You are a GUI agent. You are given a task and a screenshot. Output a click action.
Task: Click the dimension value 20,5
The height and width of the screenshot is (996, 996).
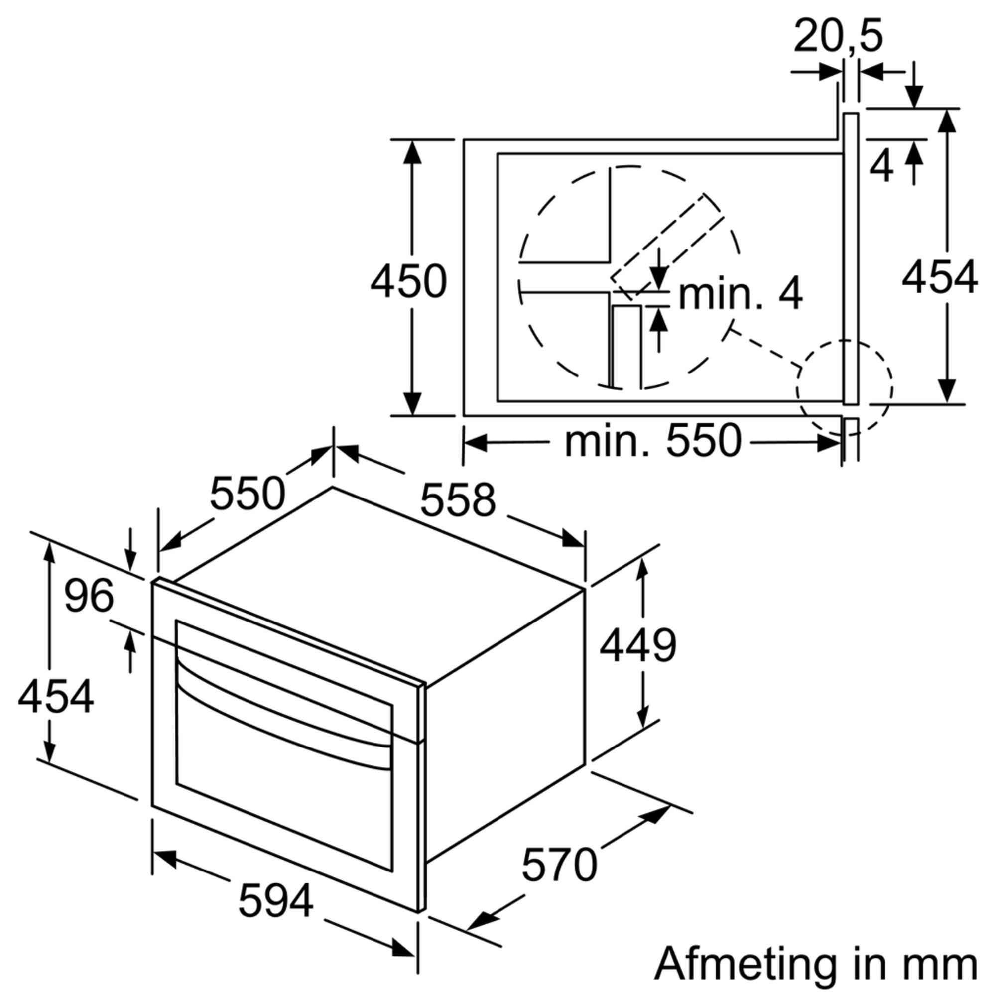point(838,36)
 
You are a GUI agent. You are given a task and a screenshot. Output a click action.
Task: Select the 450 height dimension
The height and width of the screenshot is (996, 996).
point(408,281)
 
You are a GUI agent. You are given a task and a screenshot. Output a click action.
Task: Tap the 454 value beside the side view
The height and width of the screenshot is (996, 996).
point(939,278)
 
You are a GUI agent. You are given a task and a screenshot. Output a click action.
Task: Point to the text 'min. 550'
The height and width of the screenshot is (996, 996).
point(653,441)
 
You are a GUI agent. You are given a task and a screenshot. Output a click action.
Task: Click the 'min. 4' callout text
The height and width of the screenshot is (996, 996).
point(741,294)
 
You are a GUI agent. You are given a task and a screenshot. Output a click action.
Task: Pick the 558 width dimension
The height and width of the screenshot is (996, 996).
point(458,500)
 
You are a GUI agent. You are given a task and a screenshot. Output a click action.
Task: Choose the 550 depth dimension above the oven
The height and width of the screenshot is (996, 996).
point(248,494)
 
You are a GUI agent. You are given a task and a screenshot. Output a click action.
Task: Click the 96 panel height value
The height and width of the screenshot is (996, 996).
point(89,596)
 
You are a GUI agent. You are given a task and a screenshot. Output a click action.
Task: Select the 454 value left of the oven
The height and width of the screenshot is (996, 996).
point(56,697)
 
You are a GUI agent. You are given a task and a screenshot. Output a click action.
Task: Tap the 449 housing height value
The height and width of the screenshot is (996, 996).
point(638,646)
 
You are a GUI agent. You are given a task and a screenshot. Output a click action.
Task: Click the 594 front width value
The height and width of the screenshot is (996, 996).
point(276,901)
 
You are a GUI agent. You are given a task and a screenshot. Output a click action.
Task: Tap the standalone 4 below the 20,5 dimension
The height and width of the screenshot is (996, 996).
point(881,167)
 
